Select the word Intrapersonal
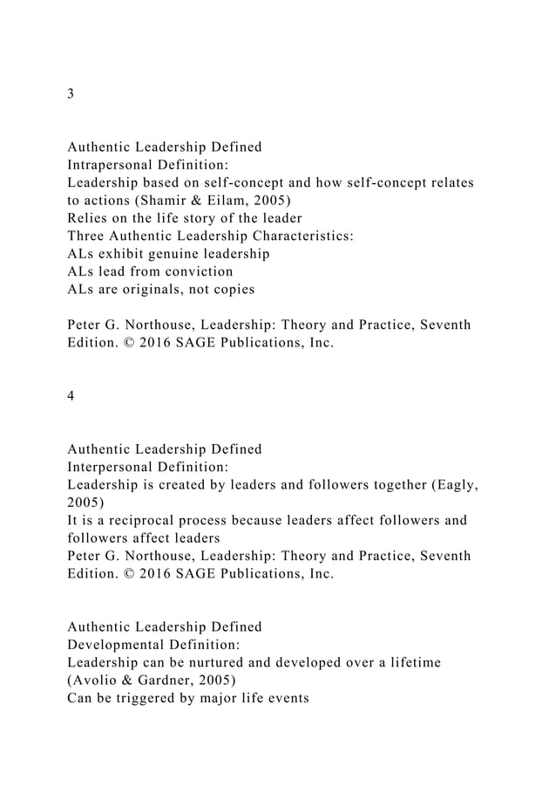click(x=111, y=165)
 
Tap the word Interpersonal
click(x=109, y=467)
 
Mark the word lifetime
click(x=411, y=663)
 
